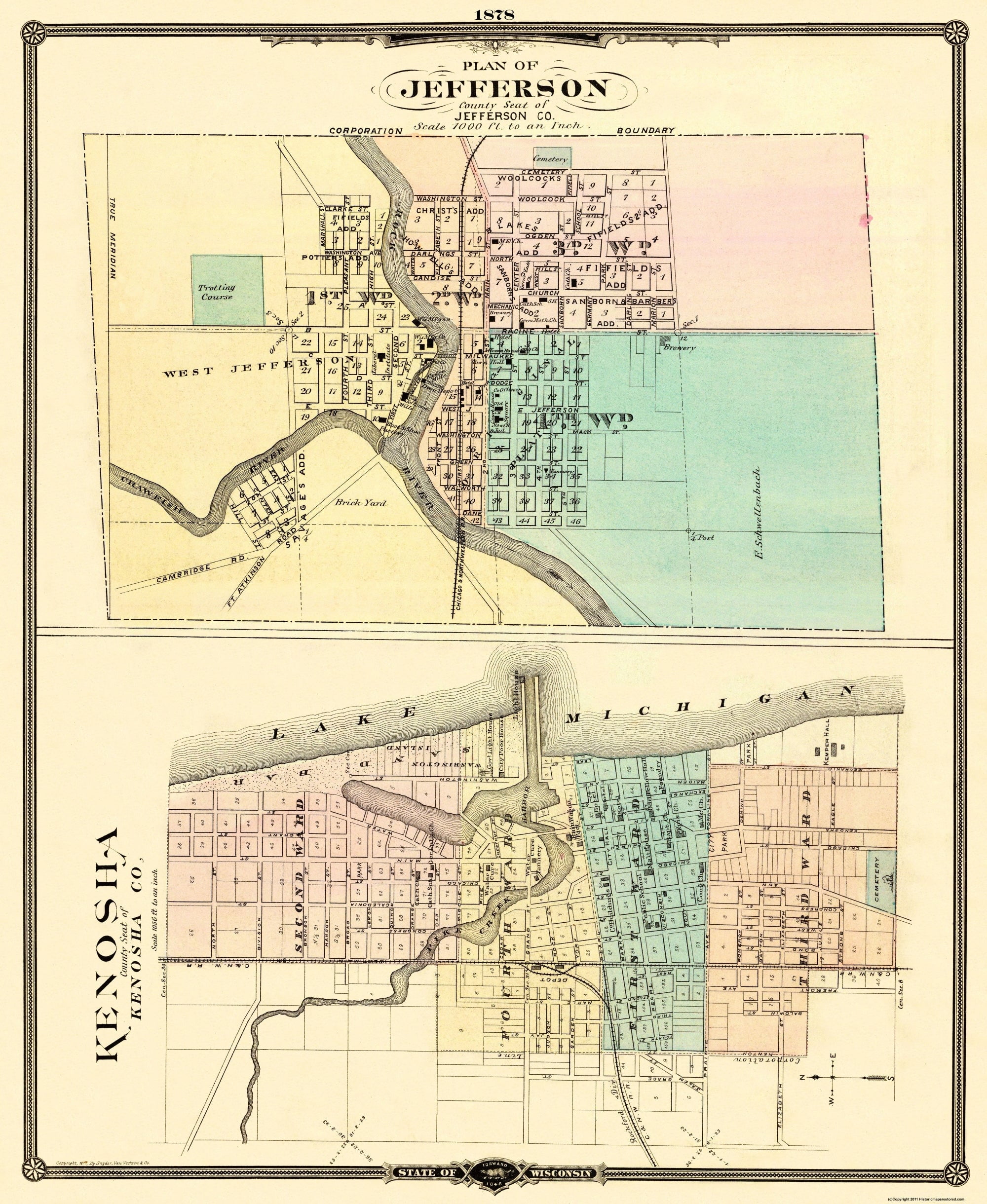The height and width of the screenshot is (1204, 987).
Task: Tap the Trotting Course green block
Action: click(227, 291)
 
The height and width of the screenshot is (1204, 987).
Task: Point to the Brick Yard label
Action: click(352, 502)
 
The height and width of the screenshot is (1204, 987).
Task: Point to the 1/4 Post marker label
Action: click(703, 537)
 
